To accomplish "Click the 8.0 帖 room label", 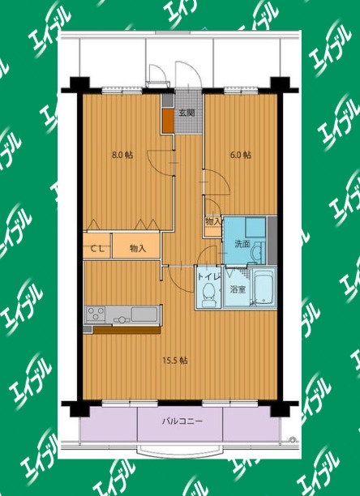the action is click(x=122, y=155).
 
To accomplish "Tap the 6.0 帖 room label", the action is click(x=241, y=155).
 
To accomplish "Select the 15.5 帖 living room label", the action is click(x=175, y=360).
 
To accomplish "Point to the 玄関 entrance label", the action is click(x=186, y=113).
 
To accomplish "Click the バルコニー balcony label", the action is click(x=182, y=421).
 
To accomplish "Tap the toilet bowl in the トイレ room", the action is click(x=208, y=295).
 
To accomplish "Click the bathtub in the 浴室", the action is click(x=264, y=287).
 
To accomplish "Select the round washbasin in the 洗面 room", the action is click(x=256, y=253).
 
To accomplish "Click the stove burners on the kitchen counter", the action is click(x=96, y=314).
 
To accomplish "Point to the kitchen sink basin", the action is click(x=144, y=314).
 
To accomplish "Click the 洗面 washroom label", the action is click(x=242, y=244).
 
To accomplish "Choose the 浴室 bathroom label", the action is click(x=238, y=289).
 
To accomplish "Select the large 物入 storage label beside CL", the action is click(x=138, y=249).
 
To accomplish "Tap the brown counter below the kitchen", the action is click(x=126, y=330).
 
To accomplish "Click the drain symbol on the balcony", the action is click(x=292, y=439).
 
